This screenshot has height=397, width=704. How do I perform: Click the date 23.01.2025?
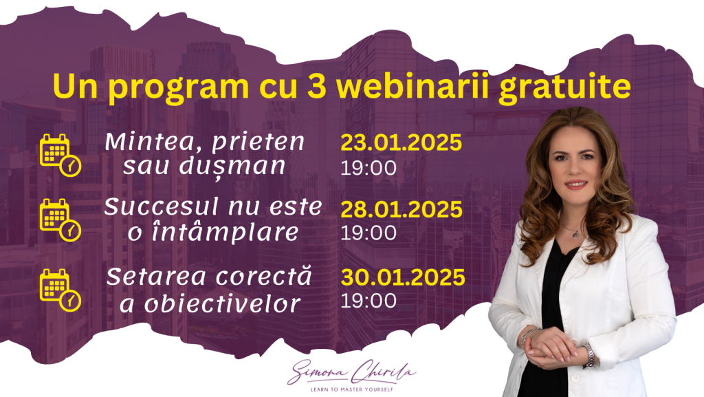401,143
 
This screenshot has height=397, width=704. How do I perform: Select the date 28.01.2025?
401,210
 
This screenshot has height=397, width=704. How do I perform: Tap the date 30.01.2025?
403,277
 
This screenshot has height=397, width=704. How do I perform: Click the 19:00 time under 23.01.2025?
368,168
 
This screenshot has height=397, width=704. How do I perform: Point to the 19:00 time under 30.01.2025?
368,301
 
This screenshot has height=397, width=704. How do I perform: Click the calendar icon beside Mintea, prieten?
60,155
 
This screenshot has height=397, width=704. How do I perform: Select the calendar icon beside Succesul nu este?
60,220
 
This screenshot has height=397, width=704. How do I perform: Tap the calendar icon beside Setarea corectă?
60,290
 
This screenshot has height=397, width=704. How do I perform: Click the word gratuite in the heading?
565,88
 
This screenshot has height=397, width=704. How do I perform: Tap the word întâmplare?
225,232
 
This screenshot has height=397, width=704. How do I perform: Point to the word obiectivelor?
222,303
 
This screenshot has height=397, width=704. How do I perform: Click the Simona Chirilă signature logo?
351,372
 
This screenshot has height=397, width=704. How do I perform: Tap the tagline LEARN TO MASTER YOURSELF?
351,389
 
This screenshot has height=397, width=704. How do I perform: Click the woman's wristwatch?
589,356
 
